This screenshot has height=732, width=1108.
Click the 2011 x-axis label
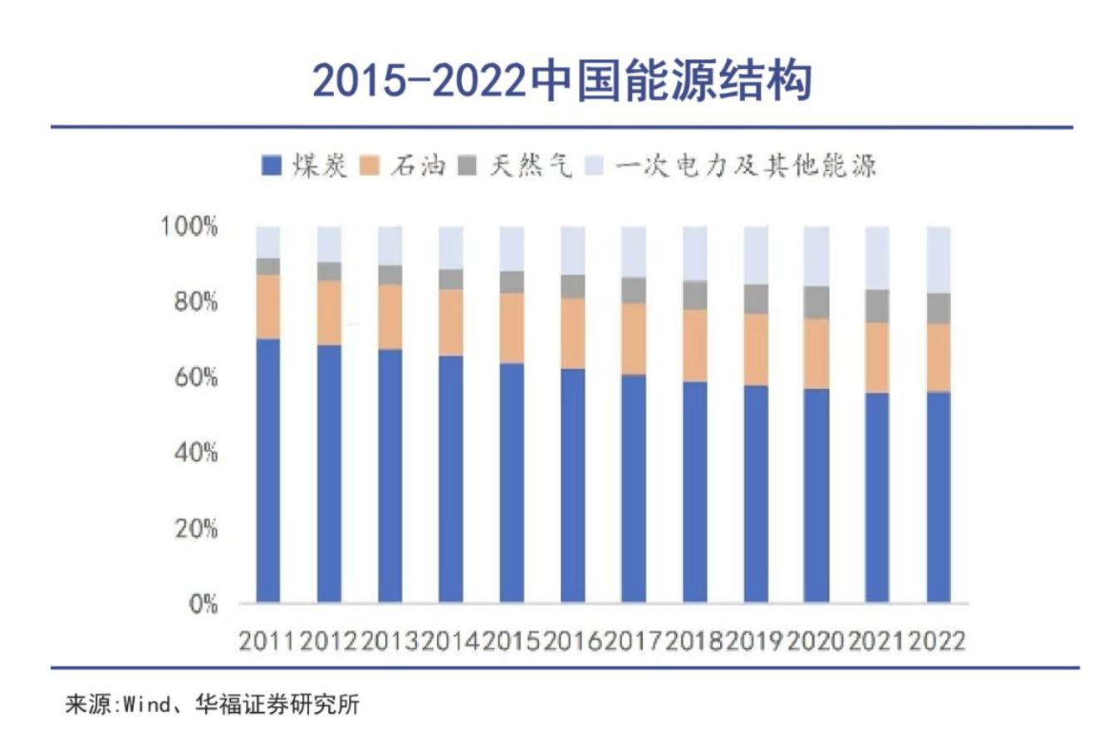tap(267, 641)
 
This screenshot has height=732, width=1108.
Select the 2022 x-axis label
tap(939, 641)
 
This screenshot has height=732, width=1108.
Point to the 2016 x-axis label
tap(572, 641)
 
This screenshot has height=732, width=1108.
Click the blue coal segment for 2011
tap(267, 469)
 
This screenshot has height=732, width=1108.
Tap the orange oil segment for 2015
tap(512, 328)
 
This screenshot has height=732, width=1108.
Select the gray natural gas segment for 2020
tap(816, 302)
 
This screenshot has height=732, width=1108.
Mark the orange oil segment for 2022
tap(939, 357)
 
